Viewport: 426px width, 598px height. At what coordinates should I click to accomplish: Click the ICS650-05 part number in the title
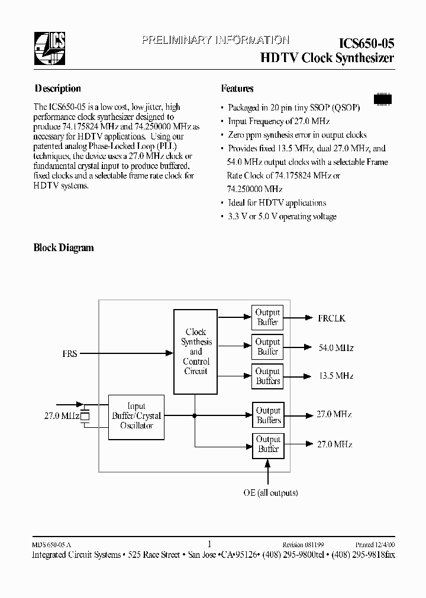[366, 43]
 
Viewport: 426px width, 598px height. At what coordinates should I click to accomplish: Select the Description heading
[57, 89]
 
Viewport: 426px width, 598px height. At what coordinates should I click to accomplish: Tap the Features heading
[237, 89]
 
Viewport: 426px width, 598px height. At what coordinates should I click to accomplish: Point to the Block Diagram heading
[63, 248]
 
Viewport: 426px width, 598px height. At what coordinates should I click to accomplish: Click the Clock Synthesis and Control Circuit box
[196, 351]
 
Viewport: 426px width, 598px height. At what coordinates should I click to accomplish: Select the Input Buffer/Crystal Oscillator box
[136, 417]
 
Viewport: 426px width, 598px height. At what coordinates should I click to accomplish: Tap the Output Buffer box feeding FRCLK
[267, 317]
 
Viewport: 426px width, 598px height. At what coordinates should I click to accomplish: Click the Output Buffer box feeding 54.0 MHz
[267, 347]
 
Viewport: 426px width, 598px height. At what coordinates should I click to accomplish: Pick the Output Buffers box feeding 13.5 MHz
[267, 376]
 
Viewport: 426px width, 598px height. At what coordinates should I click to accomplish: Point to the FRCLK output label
[331, 318]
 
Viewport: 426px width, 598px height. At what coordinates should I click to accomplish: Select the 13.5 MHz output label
[335, 376]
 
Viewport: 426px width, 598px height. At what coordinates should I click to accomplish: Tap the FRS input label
[69, 354]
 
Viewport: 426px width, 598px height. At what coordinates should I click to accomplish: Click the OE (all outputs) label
[270, 493]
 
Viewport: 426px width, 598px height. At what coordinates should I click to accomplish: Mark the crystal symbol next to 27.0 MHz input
[85, 416]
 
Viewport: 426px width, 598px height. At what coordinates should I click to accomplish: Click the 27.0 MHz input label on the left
[61, 416]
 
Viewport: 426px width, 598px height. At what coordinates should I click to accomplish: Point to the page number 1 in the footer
[209, 544]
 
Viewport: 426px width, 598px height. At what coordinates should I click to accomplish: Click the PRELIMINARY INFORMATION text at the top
[215, 40]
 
